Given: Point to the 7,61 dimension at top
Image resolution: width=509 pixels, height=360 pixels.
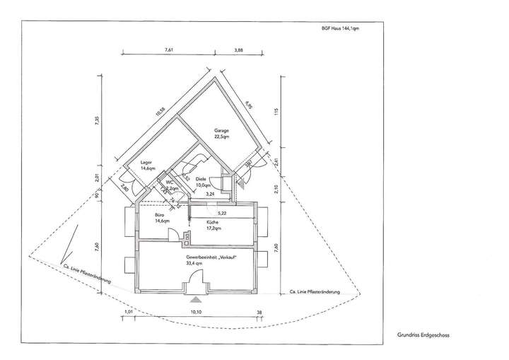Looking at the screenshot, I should click(169, 50).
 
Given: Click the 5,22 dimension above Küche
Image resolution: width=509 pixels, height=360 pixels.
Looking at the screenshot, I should click(221, 212).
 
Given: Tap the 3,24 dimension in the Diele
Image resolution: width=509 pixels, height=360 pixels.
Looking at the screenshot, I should click(210, 192).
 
